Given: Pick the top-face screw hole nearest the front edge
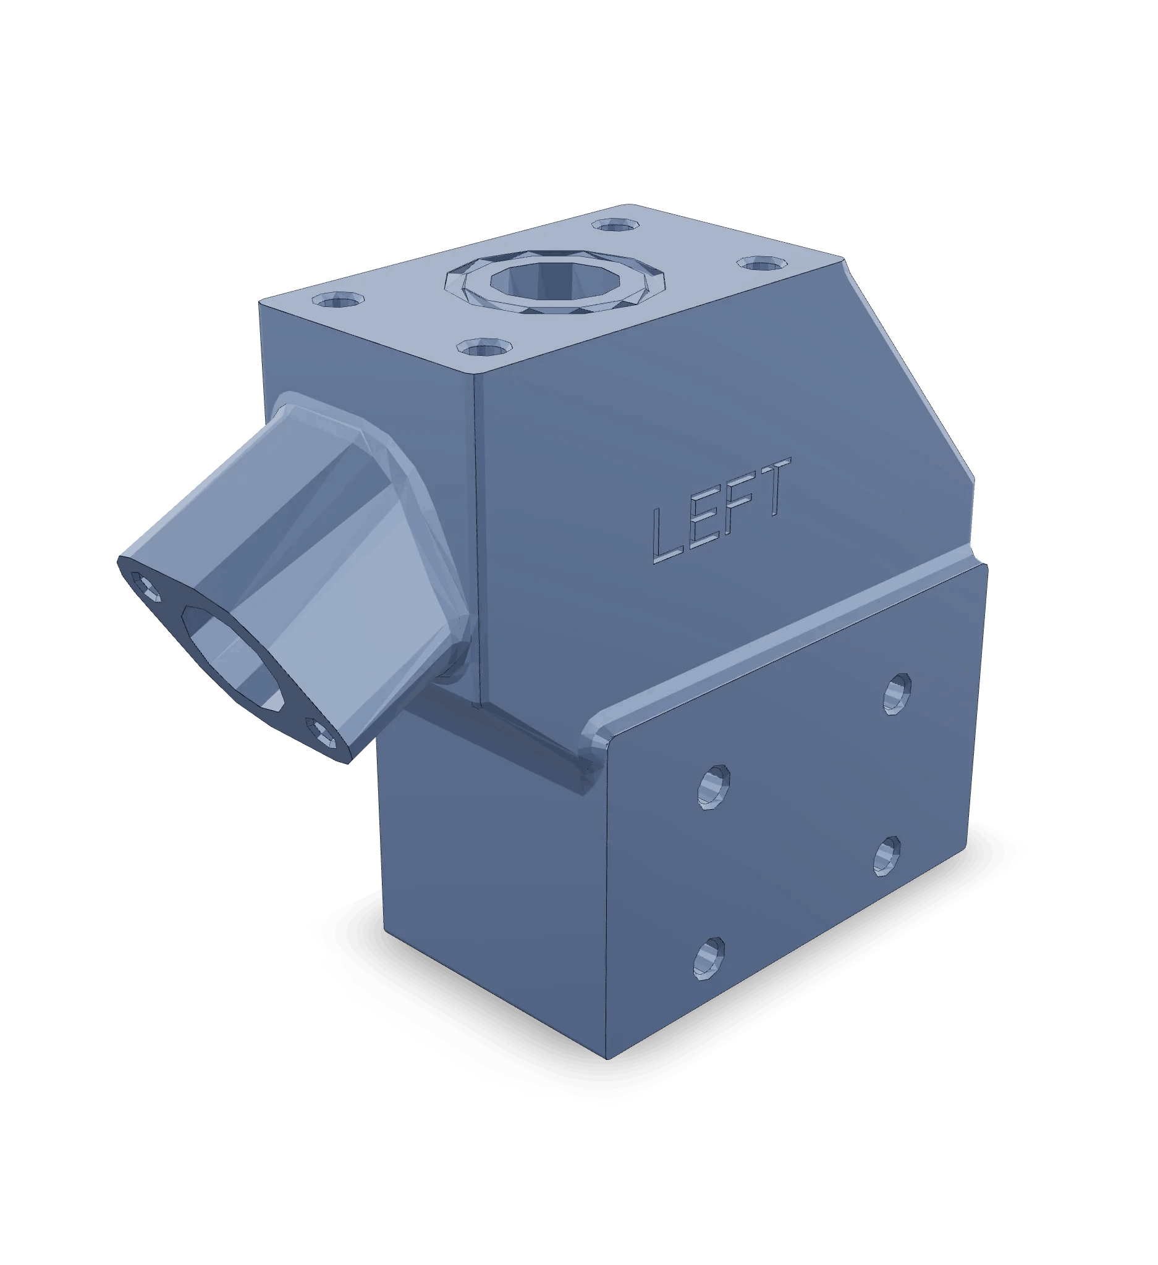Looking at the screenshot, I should coord(483,346).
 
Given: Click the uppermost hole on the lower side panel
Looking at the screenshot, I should coord(897,694).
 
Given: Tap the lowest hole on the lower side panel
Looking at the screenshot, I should coord(709,977).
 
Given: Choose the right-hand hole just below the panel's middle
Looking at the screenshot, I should coord(886,855).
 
